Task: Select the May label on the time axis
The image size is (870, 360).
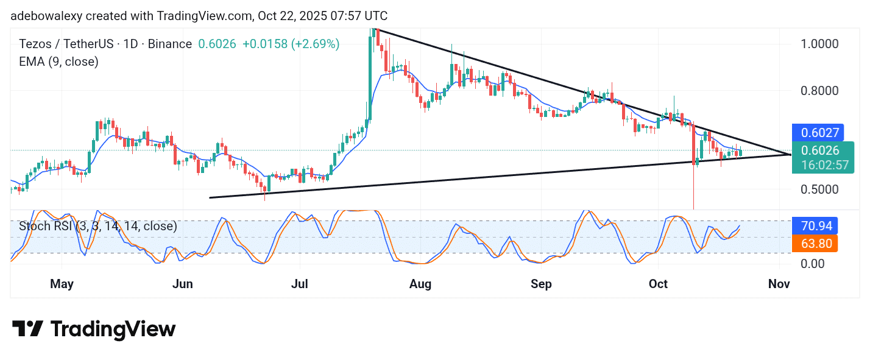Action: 62,284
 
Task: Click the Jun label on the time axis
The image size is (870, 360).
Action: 182,284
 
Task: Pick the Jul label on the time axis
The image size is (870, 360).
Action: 299,284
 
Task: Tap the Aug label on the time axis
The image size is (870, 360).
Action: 420,284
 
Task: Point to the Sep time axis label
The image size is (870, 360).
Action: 541,284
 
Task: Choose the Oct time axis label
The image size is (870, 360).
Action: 658,284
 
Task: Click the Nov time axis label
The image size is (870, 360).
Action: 779,284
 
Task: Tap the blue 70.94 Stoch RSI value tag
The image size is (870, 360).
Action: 815,226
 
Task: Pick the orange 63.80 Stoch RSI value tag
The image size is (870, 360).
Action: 815,244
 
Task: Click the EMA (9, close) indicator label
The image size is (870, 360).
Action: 58,62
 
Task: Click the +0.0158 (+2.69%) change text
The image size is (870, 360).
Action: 291,44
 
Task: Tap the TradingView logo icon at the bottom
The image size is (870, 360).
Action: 27,329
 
